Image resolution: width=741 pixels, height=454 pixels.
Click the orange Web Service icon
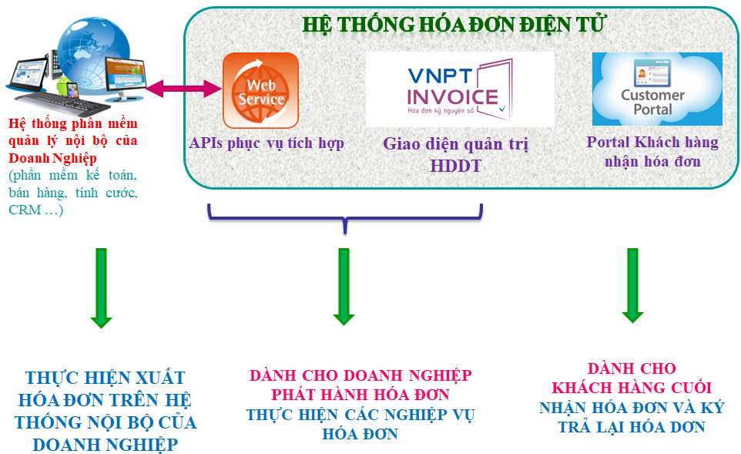point(260,89)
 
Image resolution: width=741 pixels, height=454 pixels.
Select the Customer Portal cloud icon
point(656,89)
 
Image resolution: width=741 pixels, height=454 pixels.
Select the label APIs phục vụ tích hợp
point(267,143)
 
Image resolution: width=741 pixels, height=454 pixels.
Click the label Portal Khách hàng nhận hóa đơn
point(652,151)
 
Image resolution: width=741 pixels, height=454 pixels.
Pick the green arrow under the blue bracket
point(344,286)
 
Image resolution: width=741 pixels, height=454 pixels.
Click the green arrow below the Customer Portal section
point(632,284)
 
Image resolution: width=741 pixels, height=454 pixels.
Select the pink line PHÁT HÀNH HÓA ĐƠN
point(360,395)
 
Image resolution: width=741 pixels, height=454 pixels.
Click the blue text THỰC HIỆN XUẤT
point(105,378)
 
